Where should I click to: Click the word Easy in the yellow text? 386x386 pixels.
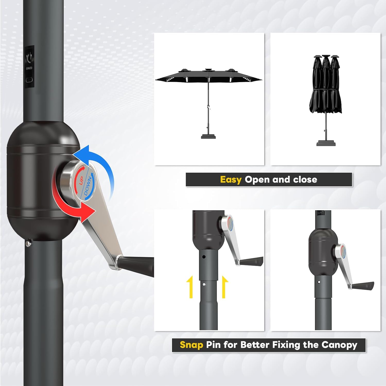[x=230, y=179]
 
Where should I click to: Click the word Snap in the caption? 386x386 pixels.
[x=191, y=345]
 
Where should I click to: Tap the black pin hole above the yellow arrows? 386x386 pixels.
[x=204, y=257]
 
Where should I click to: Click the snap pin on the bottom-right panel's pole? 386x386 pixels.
[x=319, y=282]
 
